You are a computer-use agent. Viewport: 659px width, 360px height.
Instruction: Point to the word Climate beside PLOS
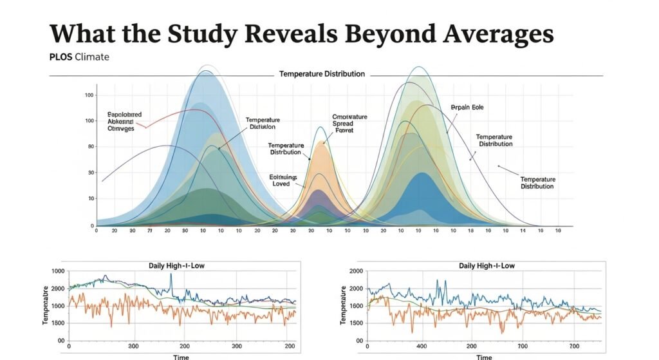[92, 57]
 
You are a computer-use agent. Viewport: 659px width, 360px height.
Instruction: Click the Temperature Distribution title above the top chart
[322, 74]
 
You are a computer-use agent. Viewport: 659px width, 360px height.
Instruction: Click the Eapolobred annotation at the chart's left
[124, 114]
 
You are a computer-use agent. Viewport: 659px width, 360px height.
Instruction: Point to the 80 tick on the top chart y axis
[90, 147]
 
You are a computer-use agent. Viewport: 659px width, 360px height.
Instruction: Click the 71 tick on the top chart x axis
[149, 231]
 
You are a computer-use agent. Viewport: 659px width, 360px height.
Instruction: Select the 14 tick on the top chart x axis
[523, 231]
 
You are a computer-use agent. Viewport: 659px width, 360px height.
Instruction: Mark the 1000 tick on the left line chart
[57, 272]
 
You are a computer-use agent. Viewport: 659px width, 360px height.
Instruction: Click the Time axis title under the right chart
[484, 357]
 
